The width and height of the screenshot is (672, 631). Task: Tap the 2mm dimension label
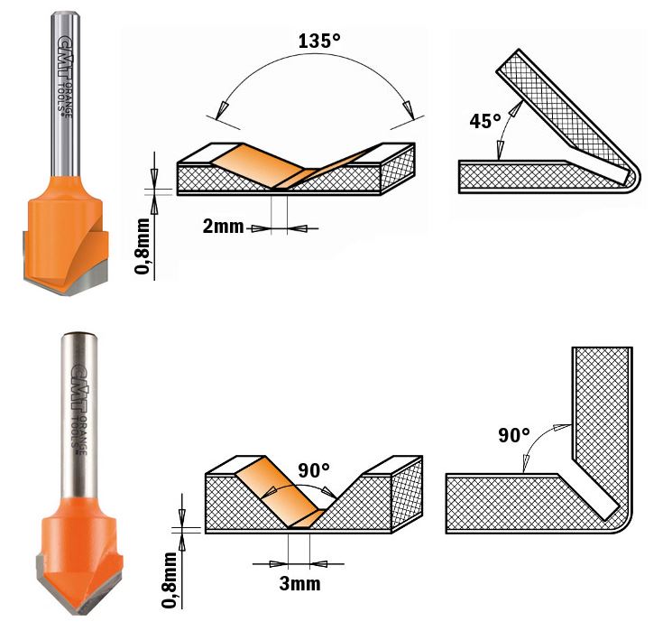point(223,227)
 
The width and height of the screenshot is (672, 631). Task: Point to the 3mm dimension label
point(299,583)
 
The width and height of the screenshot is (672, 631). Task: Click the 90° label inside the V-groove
point(313,471)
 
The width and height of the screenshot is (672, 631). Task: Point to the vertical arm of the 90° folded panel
point(603,406)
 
